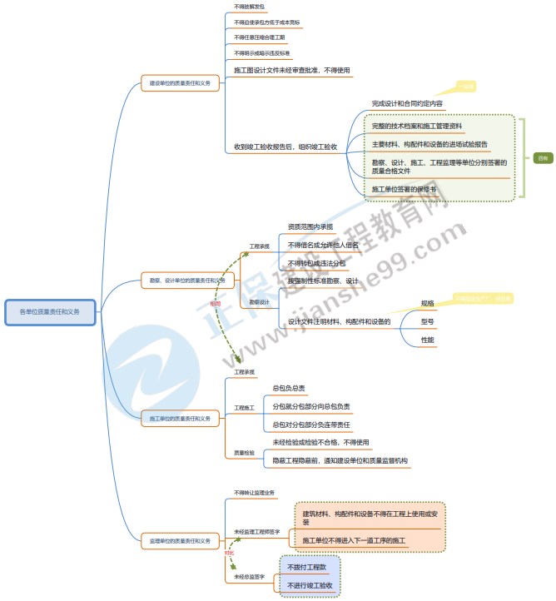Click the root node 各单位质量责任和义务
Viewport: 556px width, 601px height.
[50, 311]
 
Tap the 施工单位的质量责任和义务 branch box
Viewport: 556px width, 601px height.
[180, 418]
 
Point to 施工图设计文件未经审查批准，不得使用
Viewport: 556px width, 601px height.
[292, 70]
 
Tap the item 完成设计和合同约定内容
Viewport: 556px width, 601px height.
[407, 104]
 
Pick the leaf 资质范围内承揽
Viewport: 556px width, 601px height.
[310, 226]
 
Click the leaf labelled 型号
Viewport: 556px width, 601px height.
[427, 321]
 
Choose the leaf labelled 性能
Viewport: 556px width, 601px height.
[427, 340]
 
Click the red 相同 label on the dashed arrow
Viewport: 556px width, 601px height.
[215, 304]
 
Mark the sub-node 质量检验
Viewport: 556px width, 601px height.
[245, 453]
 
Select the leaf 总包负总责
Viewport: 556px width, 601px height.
[289, 389]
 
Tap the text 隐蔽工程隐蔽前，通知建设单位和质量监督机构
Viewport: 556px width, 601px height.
[340, 460]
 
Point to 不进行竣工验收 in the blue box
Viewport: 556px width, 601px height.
[310, 586]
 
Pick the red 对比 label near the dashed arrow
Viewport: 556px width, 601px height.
[229, 553]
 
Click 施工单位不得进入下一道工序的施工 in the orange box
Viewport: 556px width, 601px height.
[355, 541]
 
